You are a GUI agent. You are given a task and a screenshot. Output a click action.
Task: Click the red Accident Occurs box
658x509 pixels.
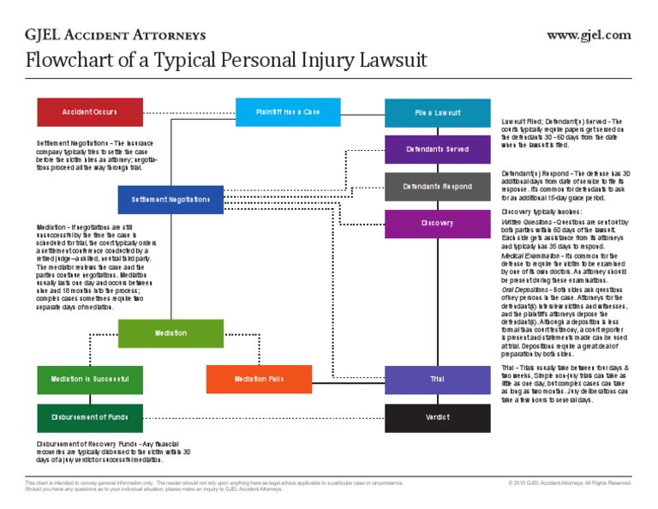(x=90, y=112)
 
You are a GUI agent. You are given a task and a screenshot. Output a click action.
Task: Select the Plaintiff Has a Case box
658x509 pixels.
(x=289, y=112)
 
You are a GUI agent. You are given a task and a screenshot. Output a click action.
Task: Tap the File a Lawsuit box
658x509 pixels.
(x=437, y=113)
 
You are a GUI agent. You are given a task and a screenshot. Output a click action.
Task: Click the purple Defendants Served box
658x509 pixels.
(x=437, y=149)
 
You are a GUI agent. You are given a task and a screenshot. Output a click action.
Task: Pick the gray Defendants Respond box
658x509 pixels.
(x=437, y=186)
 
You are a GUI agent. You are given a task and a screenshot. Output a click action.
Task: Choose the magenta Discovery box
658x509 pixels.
(x=437, y=224)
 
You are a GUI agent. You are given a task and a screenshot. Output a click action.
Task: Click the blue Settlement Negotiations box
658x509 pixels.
(x=170, y=200)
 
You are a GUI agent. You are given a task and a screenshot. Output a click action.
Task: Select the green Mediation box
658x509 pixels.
(x=170, y=332)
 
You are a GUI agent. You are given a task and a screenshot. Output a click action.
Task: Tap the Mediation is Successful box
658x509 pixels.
(x=90, y=379)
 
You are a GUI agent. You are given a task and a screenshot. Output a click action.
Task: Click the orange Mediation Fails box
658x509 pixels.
(x=259, y=379)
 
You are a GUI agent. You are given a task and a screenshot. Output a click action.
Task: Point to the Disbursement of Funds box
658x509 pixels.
(x=90, y=417)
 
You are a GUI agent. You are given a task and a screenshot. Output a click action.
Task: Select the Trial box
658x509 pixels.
(x=437, y=379)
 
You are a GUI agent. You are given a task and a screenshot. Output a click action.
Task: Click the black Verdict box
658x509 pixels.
(x=437, y=417)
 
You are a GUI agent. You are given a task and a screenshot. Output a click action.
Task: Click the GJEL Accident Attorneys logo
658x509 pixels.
(x=116, y=35)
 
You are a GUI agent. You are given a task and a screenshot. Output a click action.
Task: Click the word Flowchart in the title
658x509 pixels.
(x=69, y=62)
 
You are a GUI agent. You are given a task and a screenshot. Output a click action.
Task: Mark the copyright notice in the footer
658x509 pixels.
(x=569, y=483)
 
